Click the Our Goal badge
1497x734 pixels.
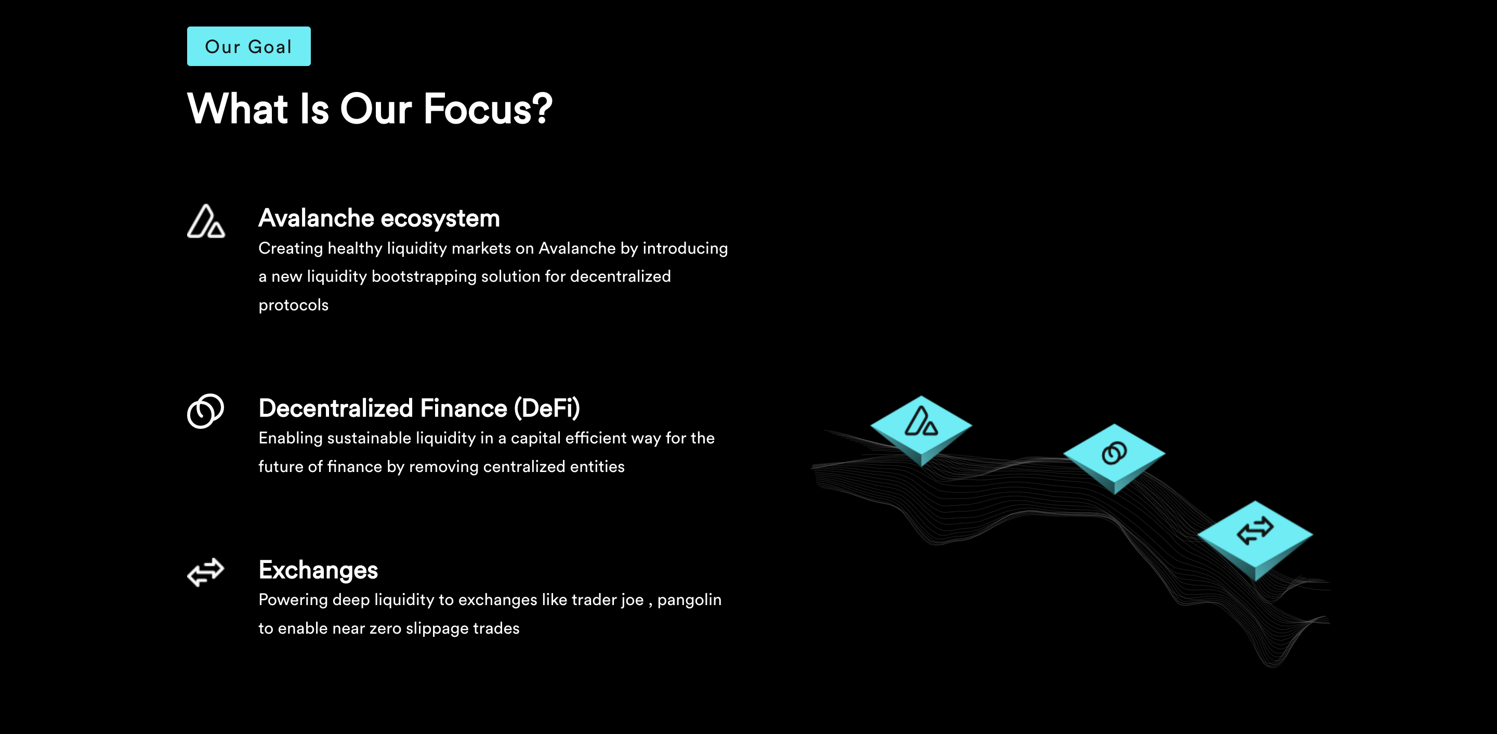249,46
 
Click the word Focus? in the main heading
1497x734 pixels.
488,109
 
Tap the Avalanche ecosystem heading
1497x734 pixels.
379,218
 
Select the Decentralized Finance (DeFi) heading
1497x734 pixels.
419,408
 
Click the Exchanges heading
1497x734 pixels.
318,570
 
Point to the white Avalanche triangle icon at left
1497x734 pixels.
206,221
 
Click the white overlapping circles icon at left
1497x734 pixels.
205,411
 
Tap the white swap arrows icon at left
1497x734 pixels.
206,572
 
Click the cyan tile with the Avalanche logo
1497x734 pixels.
921,429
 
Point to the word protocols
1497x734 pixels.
294,306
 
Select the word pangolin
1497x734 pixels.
689,600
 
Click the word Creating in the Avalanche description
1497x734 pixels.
291,248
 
